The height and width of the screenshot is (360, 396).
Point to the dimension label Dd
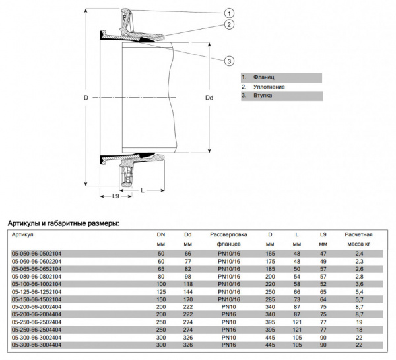click(209, 98)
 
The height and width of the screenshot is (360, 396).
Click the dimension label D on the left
click(86, 98)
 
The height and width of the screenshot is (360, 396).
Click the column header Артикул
click(23, 234)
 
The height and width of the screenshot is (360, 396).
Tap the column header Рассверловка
click(228, 234)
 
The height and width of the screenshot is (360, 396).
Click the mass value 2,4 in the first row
click(358, 253)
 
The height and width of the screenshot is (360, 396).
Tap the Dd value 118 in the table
click(187, 283)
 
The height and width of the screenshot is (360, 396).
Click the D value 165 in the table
click(269, 253)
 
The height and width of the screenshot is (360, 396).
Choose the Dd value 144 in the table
click(187, 291)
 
